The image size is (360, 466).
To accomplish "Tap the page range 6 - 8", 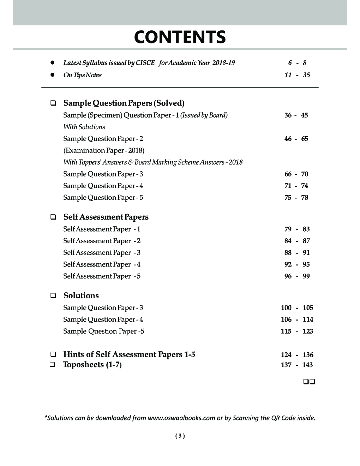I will pyautogui.click(x=297, y=63).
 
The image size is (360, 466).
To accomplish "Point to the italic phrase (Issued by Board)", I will pyautogui.click(x=204, y=115).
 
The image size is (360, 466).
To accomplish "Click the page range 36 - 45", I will pyautogui.click(x=296, y=115).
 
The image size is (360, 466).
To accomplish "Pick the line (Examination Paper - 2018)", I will pyautogui.click(x=104, y=150).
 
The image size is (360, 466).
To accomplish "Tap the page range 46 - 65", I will pyautogui.click(x=296, y=139).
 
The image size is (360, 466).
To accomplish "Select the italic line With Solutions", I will pyautogui.click(x=84, y=127).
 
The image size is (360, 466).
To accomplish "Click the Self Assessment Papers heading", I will pyautogui.click(x=106, y=217).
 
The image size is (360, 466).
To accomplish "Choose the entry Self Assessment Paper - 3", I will pyautogui.click(x=102, y=252).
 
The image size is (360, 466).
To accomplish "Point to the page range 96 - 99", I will pyautogui.click(x=297, y=276).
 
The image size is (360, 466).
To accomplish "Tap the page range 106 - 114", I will pyautogui.click(x=297, y=319).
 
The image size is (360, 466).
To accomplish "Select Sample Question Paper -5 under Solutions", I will pyautogui.click(x=103, y=331).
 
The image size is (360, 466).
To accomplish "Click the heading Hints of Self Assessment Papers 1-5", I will pyautogui.click(x=129, y=354).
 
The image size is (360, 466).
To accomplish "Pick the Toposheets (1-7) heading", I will pyautogui.click(x=92, y=365).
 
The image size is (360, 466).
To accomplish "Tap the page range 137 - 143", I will pyautogui.click(x=297, y=365).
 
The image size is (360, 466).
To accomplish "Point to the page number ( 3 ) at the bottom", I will pyautogui.click(x=180, y=436).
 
